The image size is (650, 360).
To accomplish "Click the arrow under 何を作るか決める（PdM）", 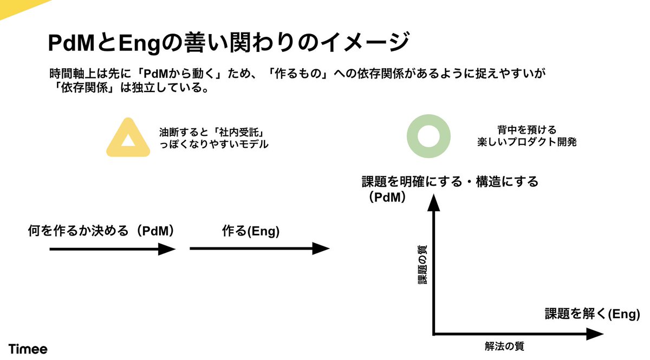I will (x=113, y=249).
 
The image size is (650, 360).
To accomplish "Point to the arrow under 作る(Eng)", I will (x=259, y=249).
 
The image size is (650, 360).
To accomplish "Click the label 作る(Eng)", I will (x=250, y=231).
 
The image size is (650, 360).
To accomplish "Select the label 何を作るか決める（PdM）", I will (x=103, y=231).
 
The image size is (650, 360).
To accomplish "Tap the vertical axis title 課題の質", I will (x=422, y=265).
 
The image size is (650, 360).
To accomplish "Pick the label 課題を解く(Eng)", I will (x=593, y=313).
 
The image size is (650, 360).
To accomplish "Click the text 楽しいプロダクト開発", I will (x=519, y=144).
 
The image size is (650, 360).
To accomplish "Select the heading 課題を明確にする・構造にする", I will (x=450, y=181).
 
